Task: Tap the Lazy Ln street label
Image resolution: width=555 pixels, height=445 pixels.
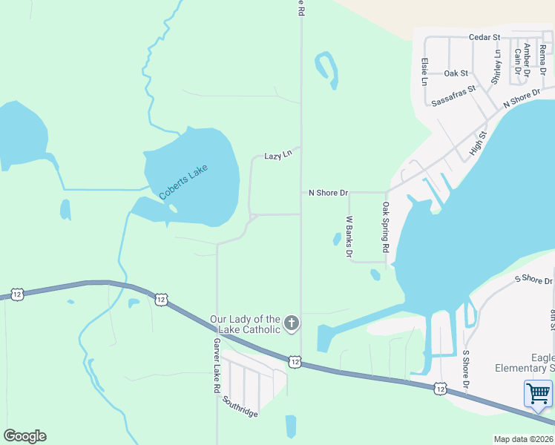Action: [x=278, y=156]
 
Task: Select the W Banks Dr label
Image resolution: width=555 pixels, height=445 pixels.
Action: [x=349, y=237]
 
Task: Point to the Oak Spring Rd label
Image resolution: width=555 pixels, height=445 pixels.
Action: [x=386, y=228]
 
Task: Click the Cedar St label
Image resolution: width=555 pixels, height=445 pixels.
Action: [x=485, y=37]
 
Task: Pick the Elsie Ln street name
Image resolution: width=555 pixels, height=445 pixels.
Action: [x=424, y=71]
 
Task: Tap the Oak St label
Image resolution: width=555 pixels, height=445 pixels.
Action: [x=456, y=73]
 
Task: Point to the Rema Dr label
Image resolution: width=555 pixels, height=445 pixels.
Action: [x=543, y=58]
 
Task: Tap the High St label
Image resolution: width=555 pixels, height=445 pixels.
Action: [x=478, y=145]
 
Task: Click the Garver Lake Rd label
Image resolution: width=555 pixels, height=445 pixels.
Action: [x=217, y=366]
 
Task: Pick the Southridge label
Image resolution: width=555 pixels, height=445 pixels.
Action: [x=240, y=406]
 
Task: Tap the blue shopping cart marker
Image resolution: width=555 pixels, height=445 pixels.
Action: [x=538, y=393]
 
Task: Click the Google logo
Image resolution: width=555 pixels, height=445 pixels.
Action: [x=24, y=436]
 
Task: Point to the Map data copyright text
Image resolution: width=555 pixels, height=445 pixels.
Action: [x=523, y=439]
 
